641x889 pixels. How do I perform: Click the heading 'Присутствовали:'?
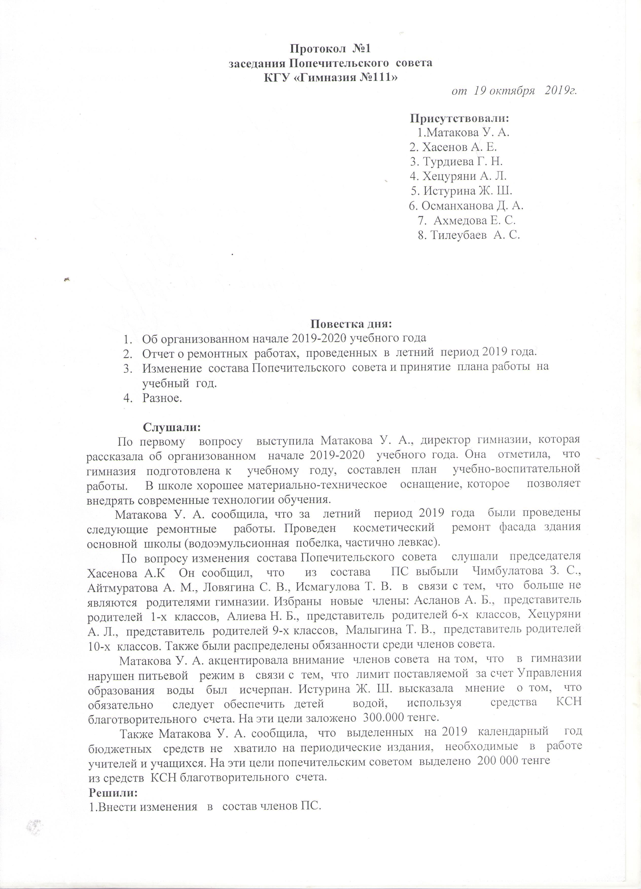pos(459,118)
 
